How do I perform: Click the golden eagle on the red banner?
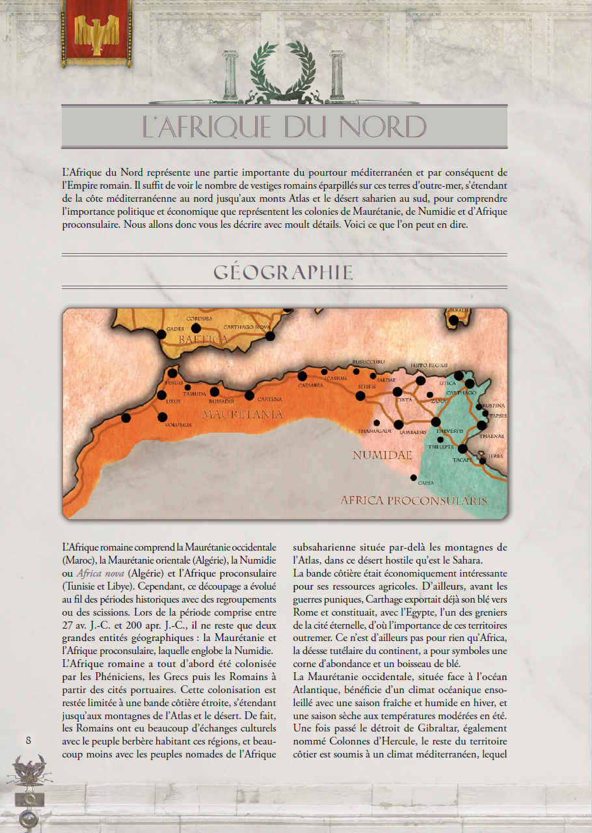(96, 34)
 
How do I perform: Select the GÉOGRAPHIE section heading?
(284, 272)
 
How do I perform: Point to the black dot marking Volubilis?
(163, 416)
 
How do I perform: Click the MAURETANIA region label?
(242, 414)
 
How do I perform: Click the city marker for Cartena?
(249, 395)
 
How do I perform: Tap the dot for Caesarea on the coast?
(302, 376)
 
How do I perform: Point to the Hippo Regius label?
(427, 365)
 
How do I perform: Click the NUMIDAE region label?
(382, 456)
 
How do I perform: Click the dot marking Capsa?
(413, 477)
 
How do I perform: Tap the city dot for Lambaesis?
(398, 424)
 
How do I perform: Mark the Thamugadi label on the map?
(375, 431)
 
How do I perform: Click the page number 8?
(28, 740)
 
